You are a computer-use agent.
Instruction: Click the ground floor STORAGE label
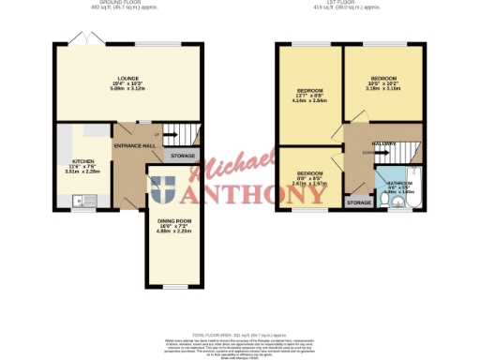184,155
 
